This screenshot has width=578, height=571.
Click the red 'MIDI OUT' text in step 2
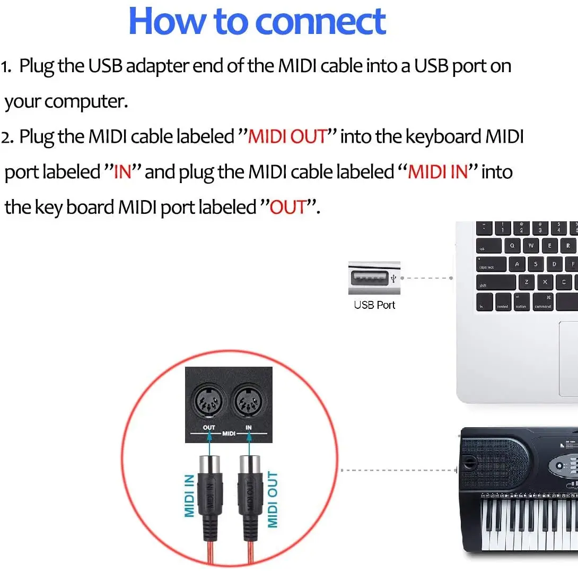click(287, 137)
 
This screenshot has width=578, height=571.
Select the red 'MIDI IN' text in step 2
click(437, 172)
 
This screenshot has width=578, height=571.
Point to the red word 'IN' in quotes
click(122, 172)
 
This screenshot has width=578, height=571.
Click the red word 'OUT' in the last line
click(288, 207)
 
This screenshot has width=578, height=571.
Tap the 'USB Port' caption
click(374, 305)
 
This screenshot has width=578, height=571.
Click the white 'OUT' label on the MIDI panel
click(209, 427)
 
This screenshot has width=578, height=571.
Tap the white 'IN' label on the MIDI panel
click(249, 427)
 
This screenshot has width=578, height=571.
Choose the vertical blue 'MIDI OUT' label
click(273, 499)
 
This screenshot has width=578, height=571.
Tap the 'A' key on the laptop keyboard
click(517, 264)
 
